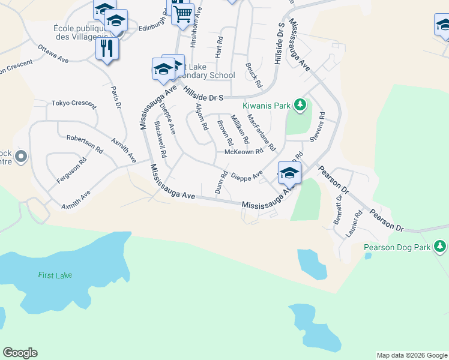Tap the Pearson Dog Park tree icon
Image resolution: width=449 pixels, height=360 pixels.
[440, 247]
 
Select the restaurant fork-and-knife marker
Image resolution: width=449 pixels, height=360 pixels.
[107, 49]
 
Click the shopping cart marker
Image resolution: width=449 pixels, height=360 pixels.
[182, 13]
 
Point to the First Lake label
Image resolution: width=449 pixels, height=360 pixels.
[55, 275]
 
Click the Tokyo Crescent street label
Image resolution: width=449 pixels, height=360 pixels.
[73, 103]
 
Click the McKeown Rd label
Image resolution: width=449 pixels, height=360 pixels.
[243, 152]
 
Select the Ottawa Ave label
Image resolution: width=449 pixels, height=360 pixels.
[55, 54]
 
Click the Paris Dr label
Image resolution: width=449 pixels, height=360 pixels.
[116, 97]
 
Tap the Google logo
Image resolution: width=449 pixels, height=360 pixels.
[20, 353]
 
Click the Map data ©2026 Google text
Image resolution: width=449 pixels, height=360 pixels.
[411, 355]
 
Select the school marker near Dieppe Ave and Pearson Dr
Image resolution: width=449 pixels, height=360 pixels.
[289, 172]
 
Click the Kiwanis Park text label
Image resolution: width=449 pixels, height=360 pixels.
[266, 106]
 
